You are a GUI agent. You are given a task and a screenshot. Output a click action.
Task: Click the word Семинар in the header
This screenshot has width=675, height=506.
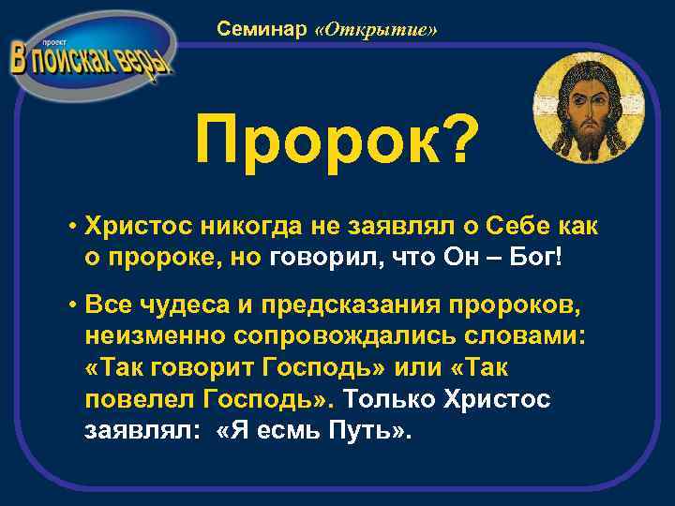pyautogui.click(x=262, y=30)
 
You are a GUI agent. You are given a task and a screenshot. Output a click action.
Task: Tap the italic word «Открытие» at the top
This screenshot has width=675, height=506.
pyautogui.click(x=377, y=30)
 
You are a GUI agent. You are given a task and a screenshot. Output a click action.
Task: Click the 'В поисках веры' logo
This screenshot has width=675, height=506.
pyautogui.click(x=91, y=57)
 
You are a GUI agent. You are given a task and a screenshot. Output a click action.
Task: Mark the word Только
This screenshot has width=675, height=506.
pyautogui.click(x=387, y=400)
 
